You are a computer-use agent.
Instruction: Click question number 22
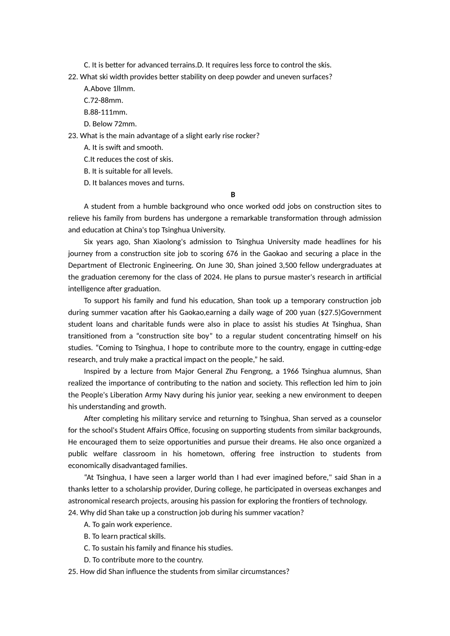click(x=73, y=77)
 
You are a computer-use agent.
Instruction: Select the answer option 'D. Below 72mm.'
click(x=110, y=124)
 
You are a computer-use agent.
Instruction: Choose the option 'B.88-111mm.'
click(x=105, y=112)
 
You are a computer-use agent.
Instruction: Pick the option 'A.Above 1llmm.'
click(x=109, y=88)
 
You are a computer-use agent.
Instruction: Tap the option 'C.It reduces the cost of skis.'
click(x=128, y=159)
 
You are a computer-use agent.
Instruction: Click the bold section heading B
click(x=233, y=195)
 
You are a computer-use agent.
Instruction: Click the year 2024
click(x=211, y=277)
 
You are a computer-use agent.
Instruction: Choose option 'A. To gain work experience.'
click(x=127, y=524)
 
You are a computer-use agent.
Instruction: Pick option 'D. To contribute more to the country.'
click(x=143, y=560)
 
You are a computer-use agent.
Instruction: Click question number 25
click(x=73, y=572)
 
